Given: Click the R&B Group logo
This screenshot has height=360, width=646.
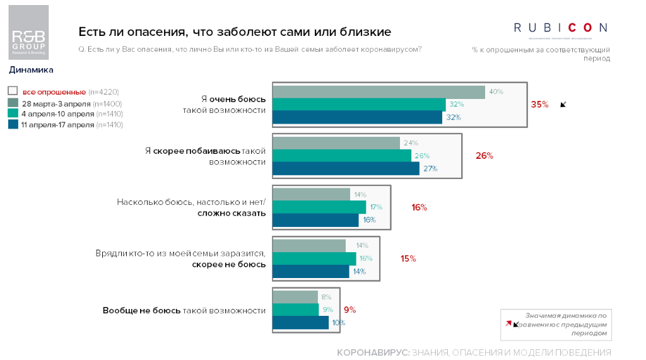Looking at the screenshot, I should pos(28,33).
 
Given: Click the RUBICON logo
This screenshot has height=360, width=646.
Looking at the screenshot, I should pos(560,28).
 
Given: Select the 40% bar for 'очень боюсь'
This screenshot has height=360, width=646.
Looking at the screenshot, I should pos(379,92).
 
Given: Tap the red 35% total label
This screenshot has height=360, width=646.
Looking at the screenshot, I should pos(539,105).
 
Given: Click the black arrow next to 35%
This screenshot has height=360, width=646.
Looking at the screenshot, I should pos(563,105).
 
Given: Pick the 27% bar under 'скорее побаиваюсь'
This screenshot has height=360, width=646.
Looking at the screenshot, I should pos(345,168).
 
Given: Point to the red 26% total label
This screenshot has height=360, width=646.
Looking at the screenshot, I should pos(484,156).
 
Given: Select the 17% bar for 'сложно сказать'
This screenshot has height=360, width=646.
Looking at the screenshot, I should pos(319,207).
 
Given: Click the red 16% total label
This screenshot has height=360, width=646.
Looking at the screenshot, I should pos(420,207).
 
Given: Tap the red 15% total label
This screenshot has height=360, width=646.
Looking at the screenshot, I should pos(408,258).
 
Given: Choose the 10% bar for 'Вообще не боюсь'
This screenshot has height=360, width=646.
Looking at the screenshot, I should pos(300,323).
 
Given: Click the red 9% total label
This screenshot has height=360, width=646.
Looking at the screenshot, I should pos(349,310).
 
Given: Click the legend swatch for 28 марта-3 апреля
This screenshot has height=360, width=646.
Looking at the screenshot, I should pos(13,103).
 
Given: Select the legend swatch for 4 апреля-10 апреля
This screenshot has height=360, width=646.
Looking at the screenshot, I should pos(13,113).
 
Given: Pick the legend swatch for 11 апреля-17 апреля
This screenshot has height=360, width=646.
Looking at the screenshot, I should pos(13,124).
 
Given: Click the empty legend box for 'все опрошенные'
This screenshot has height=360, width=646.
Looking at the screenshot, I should pos(13,91).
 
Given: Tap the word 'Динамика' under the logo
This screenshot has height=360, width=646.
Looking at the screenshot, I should pos(31,70).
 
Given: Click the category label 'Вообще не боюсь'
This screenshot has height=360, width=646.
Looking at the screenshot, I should pos(142,310).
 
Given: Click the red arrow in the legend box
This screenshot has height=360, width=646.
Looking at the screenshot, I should pos(508,324).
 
